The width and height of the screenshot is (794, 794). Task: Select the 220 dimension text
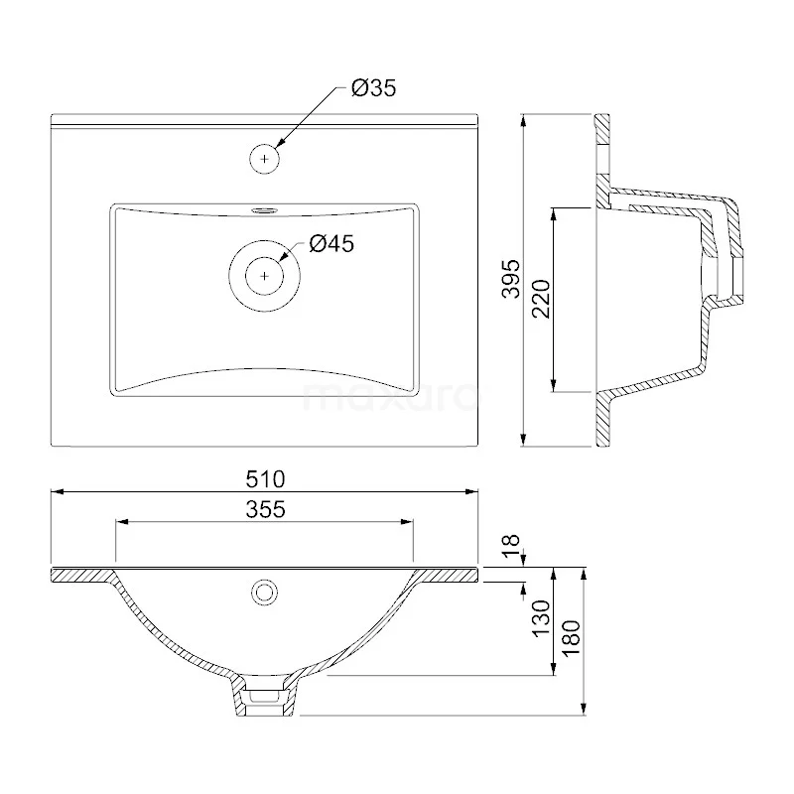(540, 298)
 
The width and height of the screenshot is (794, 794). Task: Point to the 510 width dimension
(265, 478)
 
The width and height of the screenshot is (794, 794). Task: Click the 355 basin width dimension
(265, 509)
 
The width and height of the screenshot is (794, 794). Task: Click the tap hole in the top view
(265, 156)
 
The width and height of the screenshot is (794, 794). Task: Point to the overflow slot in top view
(265, 209)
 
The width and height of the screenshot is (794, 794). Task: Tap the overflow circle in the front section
(265, 592)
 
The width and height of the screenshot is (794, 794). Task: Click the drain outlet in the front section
(265, 699)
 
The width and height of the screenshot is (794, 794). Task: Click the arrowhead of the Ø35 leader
(281, 144)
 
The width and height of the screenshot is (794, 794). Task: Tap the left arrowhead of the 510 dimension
(56, 490)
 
